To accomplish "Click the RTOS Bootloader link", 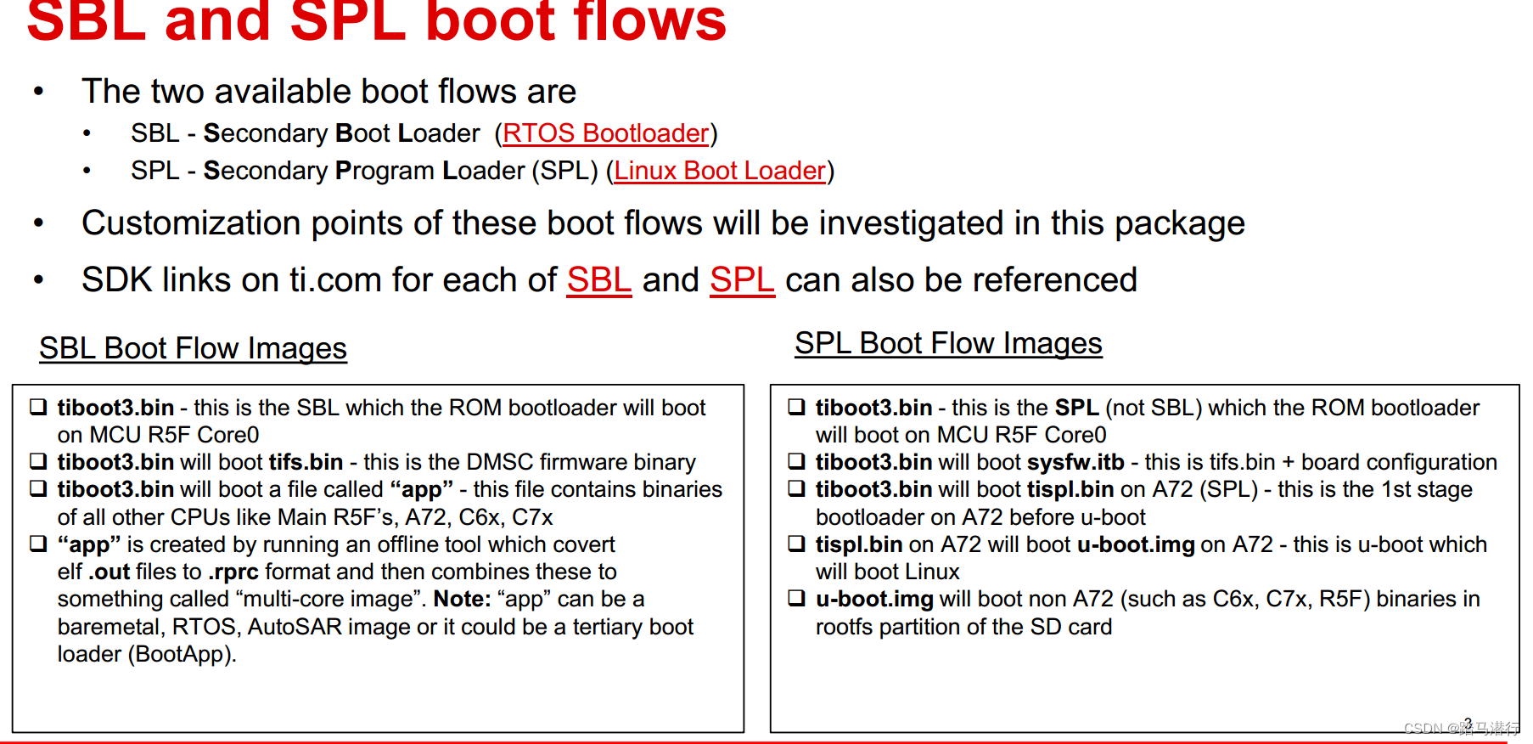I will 605,133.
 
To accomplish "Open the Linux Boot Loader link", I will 720,171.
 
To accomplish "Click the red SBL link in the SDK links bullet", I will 599,280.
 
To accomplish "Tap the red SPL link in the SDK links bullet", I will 742,280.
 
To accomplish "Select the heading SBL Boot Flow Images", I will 193,348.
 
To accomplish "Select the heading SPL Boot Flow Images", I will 948,343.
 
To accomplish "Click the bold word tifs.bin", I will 306,462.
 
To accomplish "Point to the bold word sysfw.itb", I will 1075,462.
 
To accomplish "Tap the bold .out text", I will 109,572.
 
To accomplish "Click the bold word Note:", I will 462,599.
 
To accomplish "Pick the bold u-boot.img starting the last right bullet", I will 874,599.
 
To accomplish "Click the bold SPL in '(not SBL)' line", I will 1076,408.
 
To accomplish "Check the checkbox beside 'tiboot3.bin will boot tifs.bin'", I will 38,461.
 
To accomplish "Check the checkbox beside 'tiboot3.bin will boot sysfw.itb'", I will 796,461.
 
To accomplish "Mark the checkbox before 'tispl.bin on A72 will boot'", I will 796,544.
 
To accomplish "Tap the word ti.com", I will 335,280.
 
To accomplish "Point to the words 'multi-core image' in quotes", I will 327,599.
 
